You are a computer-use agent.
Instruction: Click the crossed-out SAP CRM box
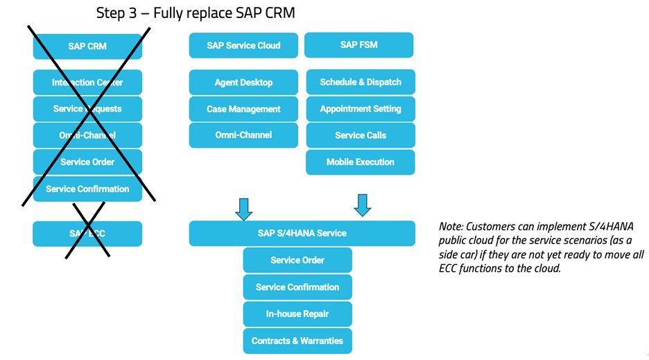[87, 46]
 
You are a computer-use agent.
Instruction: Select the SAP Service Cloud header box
[243, 46]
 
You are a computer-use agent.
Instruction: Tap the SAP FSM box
[358, 45]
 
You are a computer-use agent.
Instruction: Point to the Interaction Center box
[87, 83]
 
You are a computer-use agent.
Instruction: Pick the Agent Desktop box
[243, 83]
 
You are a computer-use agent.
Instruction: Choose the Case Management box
[243, 109]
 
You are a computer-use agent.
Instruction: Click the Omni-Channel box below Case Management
[243, 135]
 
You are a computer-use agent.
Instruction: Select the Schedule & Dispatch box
[361, 82]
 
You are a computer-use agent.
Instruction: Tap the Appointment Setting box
[361, 109]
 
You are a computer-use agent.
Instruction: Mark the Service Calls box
[361, 135]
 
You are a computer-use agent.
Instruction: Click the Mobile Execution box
[361, 162]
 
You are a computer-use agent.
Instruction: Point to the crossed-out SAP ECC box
[87, 234]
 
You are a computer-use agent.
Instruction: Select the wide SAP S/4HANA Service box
[302, 234]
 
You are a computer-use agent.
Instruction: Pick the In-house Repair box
[297, 314]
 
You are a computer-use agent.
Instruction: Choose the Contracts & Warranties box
[297, 341]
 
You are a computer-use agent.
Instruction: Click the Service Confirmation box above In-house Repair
[297, 287]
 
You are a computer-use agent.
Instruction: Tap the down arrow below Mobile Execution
[362, 205]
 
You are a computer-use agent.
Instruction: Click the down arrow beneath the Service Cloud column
[243, 208]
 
